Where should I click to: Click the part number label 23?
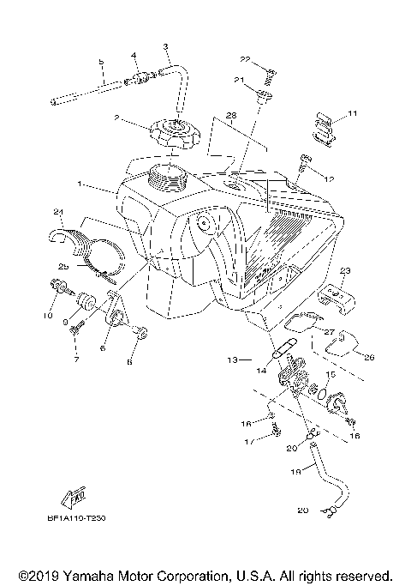[x=345, y=270]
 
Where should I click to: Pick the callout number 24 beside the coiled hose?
[x=58, y=212]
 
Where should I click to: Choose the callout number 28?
[x=230, y=114]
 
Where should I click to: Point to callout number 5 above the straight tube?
[x=100, y=63]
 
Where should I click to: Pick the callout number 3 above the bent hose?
[x=165, y=45]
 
